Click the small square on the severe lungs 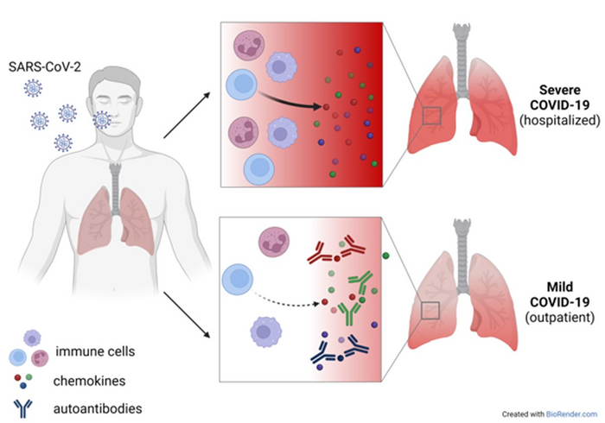[x=430, y=116]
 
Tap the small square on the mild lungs [x=430, y=312]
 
